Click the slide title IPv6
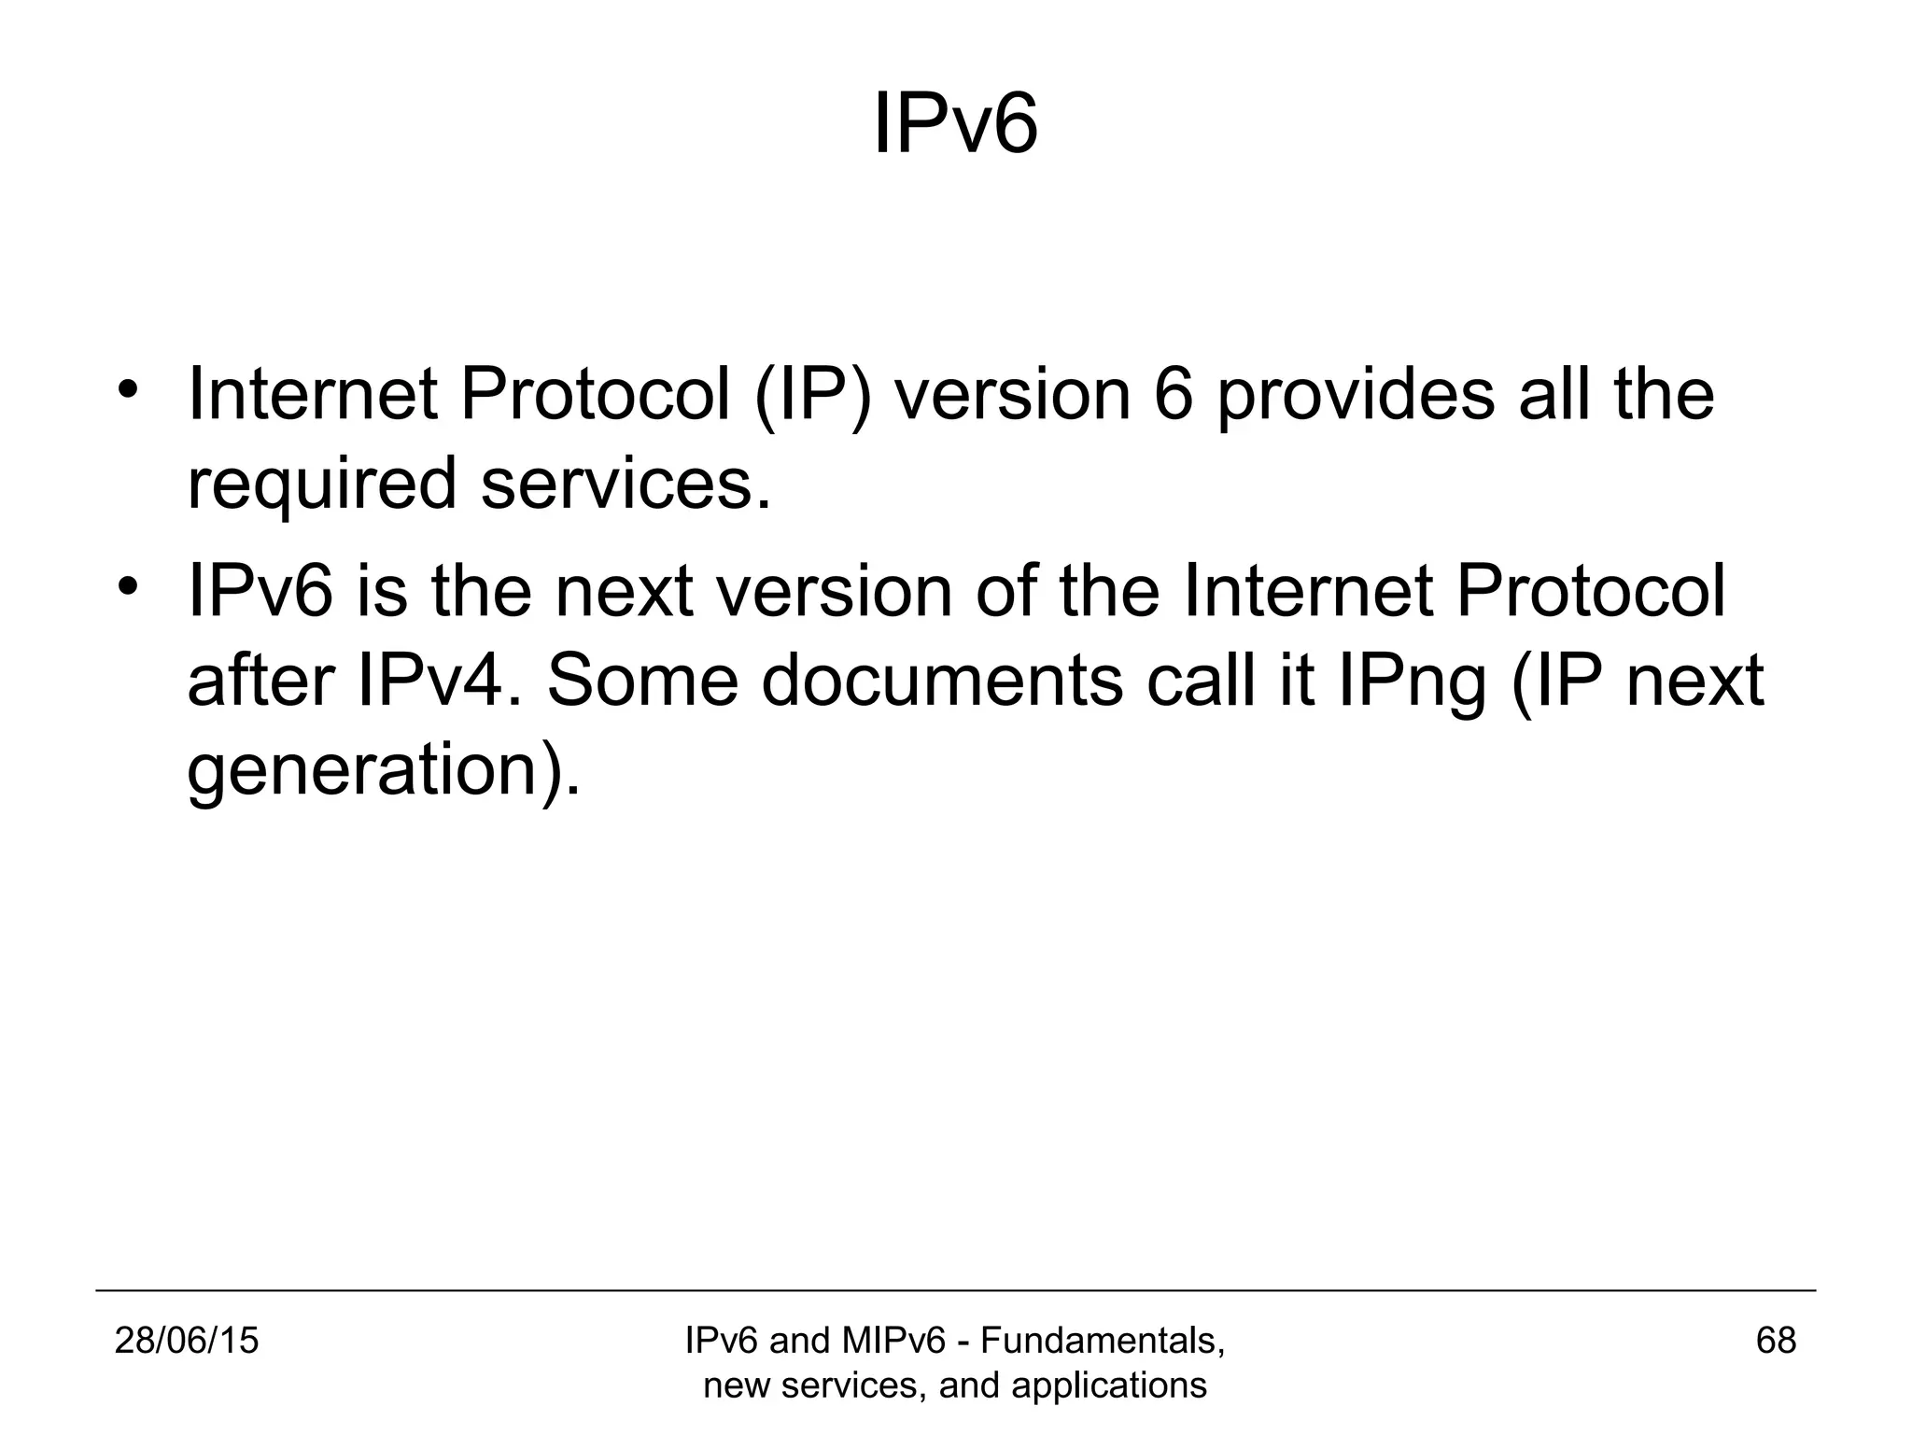point(955,126)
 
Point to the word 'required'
point(322,485)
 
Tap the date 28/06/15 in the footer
point(187,1341)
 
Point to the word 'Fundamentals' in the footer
point(1102,1341)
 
